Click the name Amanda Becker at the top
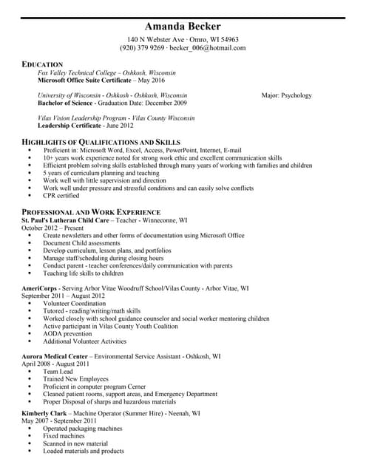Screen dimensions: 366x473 click(x=183, y=27)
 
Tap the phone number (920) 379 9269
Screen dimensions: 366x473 click(x=142, y=48)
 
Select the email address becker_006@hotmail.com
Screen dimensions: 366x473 click(x=207, y=48)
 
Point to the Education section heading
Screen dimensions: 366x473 click(x=42, y=64)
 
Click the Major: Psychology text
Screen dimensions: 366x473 click(x=286, y=95)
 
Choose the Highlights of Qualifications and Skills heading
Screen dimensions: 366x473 click(x=101, y=141)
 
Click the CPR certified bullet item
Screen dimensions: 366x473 click(x=61, y=196)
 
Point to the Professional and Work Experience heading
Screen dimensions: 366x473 click(x=91, y=211)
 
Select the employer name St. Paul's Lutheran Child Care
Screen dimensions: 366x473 click(x=65, y=220)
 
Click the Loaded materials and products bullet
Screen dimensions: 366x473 click(x=83, y=451)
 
